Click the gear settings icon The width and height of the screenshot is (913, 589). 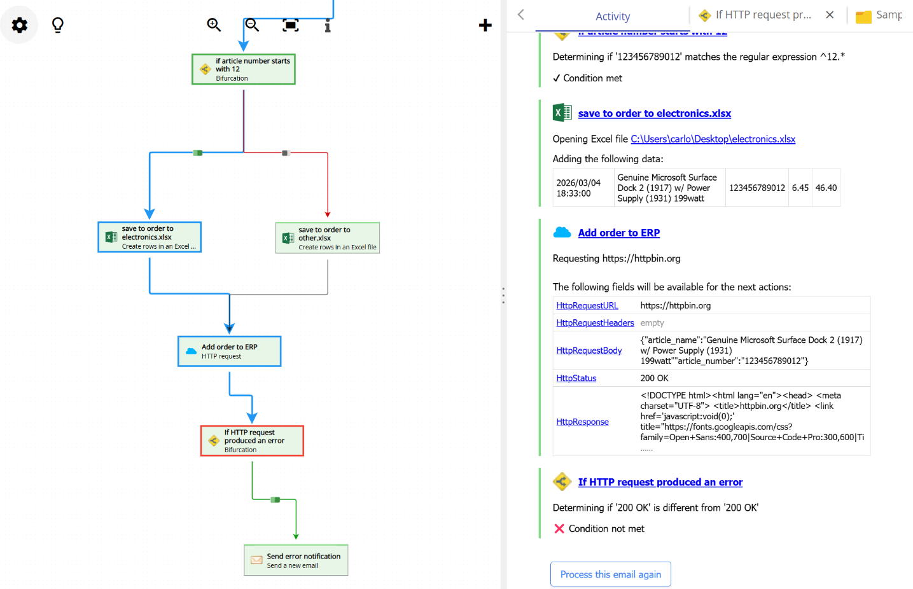pyautogui.click(x=20, y=25)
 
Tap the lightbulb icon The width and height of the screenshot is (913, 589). pyautogui.click(x=58, y=25)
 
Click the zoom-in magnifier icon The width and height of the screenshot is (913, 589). pyautogui.click(x=214, y=25)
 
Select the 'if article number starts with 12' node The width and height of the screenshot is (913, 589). pyautogui.click(x=244, y=69)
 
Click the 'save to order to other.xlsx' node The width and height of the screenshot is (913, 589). pyautogui.click(x=328, y=238)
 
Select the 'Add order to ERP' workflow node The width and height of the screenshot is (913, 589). pyautogui.click(x=230, y=351)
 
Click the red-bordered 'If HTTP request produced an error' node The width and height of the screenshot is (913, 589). pyautogui.click(x=253, y=441)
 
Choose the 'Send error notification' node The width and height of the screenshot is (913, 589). pyautogui.click(x=296, y=560)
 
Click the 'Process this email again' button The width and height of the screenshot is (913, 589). pyautogui.click(x=610, y=574)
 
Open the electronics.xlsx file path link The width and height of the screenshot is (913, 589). pyautogui.click(x=713, y=139)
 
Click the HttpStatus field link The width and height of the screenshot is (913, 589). pyautogui.click(x=576, y=378)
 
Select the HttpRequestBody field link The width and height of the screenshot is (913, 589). pyautogui.click(x=589, y=350)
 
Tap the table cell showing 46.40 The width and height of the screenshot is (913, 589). pyautogui.click(x=826, y=188)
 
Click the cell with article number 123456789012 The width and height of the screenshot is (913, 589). pyautogui.click(x=756, y=188)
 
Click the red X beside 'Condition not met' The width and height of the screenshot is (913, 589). pyautogui.click(x=559, y=529)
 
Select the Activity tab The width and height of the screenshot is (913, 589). pyautogui.click(x=613, y=17)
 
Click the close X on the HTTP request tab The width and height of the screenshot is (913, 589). pyautogui.click(x=830, y=15)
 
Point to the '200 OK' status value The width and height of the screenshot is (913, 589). pyautogui.click(x=654, y=378)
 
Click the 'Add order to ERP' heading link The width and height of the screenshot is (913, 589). pyautogui.click(x=618, y=233)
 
